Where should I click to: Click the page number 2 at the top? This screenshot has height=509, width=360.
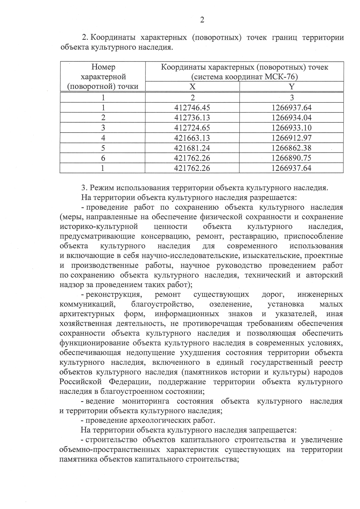(x=202, y=20)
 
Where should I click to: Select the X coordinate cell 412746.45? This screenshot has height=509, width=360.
(x=192, y=107)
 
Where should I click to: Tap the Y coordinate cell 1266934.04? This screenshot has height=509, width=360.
(x=291, y=118)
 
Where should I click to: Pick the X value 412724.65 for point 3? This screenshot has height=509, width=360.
(x=192, y=128)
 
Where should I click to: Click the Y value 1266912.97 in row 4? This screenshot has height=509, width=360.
(x=291, y=138)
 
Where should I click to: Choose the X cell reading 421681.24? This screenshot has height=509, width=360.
(x=192, y=148)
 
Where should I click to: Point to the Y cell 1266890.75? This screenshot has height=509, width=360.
(x=291, y=158)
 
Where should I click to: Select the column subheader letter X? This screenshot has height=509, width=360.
(x=192, y=87)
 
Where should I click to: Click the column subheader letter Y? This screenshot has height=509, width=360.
(x=291, y=87)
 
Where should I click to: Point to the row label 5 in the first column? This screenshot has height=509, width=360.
(x=103, y=148)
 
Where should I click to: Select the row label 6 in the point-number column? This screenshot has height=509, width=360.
(x=103, y=158)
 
